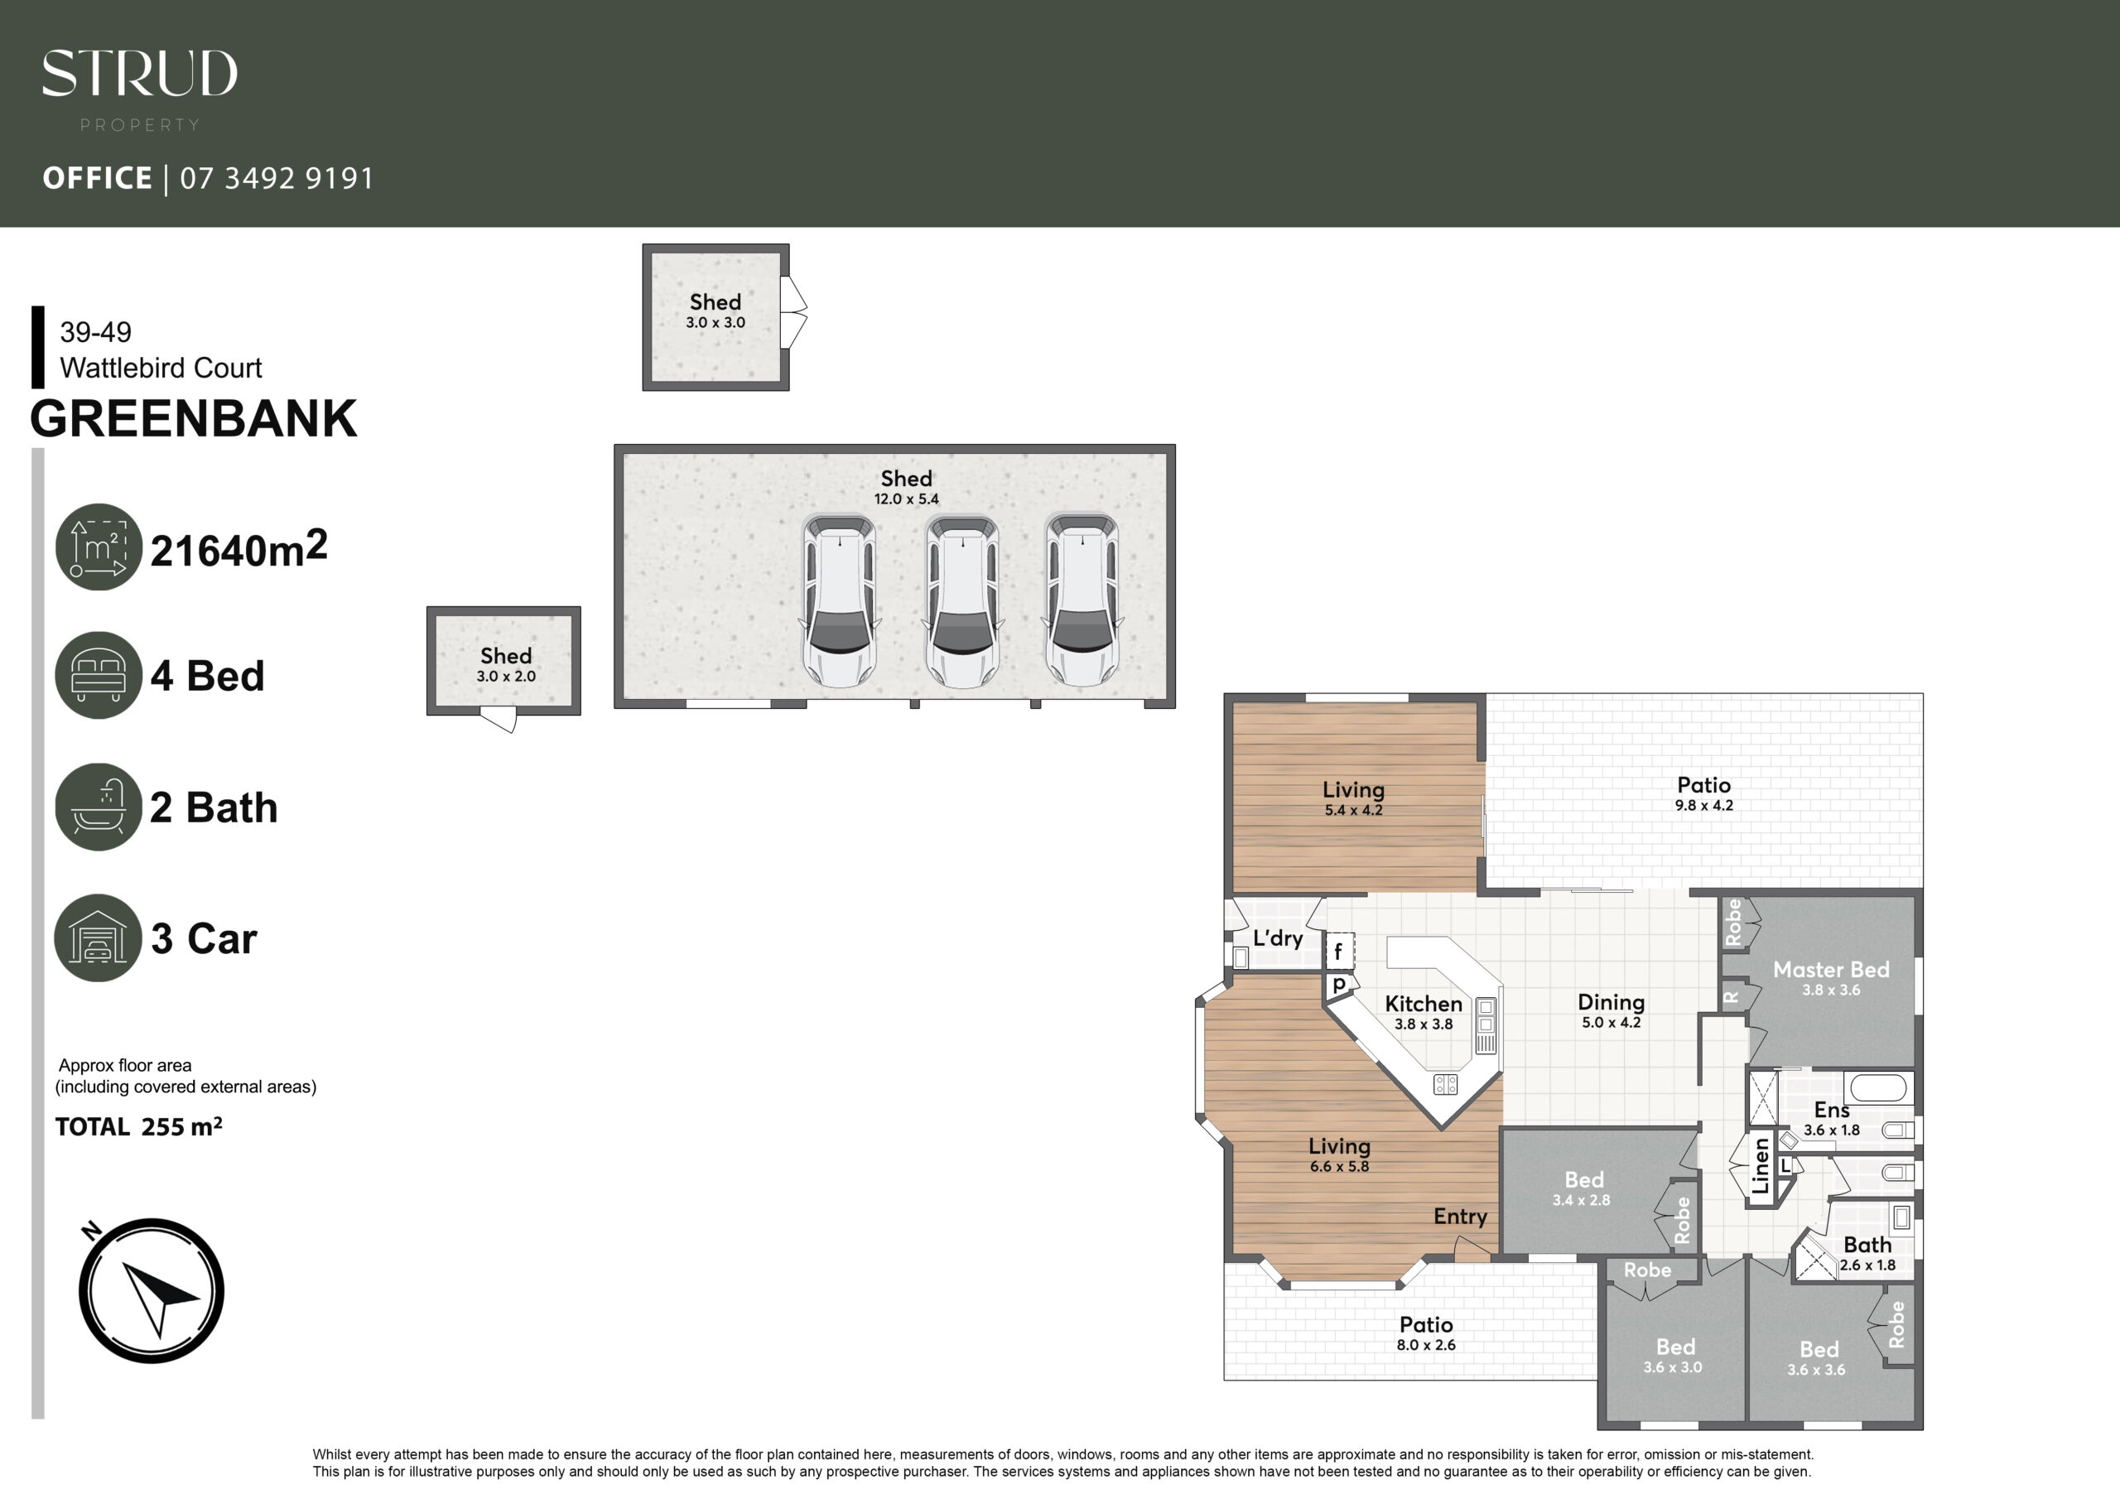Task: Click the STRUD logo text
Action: (x=139, y=73)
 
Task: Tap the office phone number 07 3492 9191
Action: (x=277, y=178)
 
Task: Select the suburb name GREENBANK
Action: (x=193, y=418)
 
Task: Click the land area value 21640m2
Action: (x=239, y=548)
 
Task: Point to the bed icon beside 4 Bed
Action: (x=99, y=675)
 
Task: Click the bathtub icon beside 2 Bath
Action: (x=99, y=807)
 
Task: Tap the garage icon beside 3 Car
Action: (x=98, y=937)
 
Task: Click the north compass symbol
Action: (x=152, y=1290)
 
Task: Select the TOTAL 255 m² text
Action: (x=138, y=1127)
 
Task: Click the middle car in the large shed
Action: (x=963, y=602)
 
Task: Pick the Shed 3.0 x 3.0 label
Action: (x=715, y=311)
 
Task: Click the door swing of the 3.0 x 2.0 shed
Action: (x=499, y=720)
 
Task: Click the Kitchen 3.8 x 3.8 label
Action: (x=1424, y=1012)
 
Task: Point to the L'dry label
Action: (x=1278, y=938)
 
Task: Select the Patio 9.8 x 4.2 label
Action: (x=1704, y=793)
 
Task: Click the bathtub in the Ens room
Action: (x=1878, y=1087)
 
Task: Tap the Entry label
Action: (x=1460, y=1217)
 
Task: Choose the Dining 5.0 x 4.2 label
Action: (x=1612, y=1010)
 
